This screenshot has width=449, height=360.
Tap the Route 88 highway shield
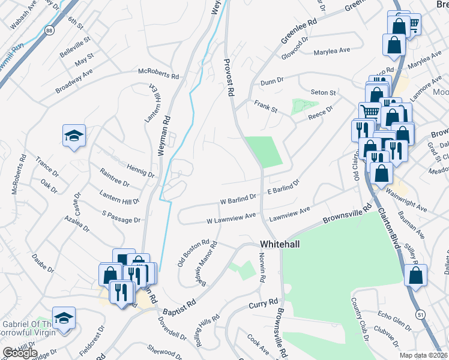click(x=49, y=30)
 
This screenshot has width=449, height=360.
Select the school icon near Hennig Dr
click(x=74, y=136)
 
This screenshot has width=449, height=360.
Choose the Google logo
click(x=19, y=353)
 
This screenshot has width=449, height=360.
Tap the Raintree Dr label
click(x=115, y=178)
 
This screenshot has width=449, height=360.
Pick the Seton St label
click(x=323, y=93)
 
